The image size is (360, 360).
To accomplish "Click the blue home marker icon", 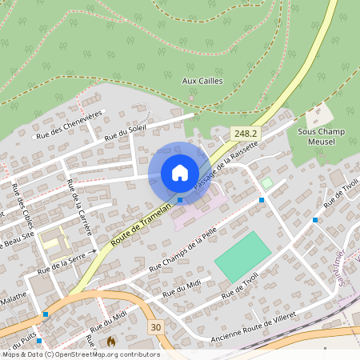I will [180, 173].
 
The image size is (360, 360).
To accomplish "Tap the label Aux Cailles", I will [202, 81].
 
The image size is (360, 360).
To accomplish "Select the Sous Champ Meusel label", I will [321, 136].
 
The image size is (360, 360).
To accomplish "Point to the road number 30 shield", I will [155, 326].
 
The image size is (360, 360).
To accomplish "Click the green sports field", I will [242, 256].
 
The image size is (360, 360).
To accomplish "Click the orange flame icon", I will [111, 342].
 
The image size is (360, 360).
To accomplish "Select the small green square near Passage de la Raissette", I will [266, 183].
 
